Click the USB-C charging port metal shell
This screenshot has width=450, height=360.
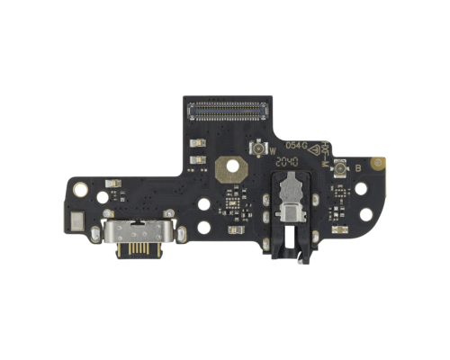(136, 239)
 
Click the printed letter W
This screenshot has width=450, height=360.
(273, 151)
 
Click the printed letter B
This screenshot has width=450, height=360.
(357, 168)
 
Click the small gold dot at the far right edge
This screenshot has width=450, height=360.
(381, 166)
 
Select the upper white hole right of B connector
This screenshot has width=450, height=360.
(363, 190)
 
